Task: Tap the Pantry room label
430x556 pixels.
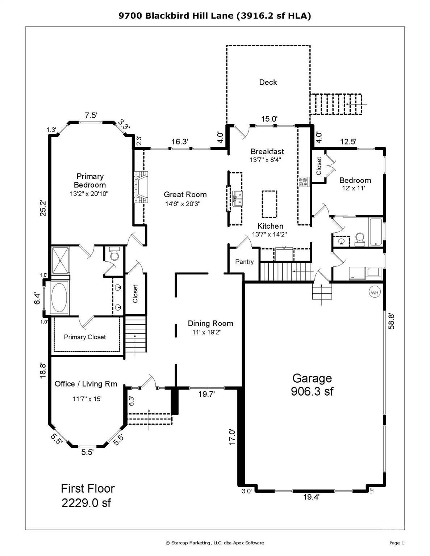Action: [245, 262]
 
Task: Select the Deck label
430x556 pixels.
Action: [268, 83]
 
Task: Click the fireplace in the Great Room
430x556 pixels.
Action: [141, 187]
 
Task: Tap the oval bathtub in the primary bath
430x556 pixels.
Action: [59, 298]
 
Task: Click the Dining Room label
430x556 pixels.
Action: [210, 323]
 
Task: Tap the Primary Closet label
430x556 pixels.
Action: [85, 337]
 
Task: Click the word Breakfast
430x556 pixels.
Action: [267, 151]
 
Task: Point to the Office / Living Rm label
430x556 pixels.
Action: [86, 384]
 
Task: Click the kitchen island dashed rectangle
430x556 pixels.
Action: [269, 204]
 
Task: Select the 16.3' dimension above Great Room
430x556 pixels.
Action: [180, 142]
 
